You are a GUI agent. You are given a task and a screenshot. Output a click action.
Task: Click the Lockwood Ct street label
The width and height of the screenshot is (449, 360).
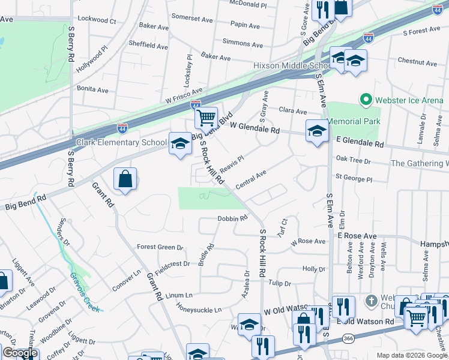tap(97, 20)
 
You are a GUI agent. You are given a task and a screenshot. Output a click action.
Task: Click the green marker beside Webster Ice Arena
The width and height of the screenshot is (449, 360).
tap(364, 99)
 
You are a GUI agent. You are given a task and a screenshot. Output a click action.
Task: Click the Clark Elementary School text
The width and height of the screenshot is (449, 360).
tap(121, 143)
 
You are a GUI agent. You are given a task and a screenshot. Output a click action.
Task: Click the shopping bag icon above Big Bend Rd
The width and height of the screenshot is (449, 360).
tap(125, 178)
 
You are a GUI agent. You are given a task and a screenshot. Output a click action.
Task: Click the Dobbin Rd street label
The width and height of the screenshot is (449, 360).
tap(232, 219)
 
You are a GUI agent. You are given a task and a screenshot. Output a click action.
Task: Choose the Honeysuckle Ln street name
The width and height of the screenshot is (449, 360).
tap(199, 310)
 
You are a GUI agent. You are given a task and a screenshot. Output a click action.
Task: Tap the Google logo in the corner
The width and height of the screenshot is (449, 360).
tap(20, 353)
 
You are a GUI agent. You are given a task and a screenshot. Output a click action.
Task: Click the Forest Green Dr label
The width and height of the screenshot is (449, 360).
tap(160, 247)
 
